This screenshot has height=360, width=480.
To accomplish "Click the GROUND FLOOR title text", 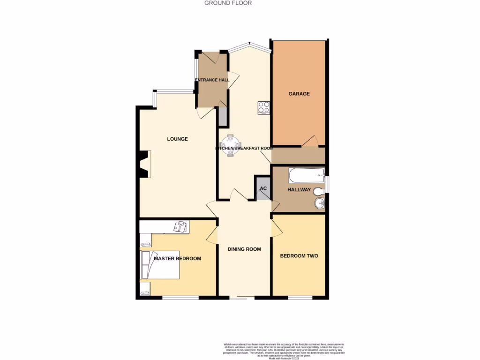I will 228,3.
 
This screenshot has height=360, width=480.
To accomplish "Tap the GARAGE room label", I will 299,94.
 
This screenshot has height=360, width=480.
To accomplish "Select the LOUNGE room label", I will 178,139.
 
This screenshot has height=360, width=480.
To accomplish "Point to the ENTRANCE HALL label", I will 212,80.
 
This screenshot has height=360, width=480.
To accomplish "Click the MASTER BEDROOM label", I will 178,259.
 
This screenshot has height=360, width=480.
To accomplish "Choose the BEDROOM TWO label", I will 299,256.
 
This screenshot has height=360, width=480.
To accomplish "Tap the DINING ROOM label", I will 244,249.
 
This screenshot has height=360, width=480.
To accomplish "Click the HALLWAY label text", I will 299,190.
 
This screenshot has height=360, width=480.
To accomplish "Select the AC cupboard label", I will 263,188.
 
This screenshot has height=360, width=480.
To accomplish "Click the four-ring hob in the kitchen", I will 263,107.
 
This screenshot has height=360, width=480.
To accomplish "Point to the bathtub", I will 307,176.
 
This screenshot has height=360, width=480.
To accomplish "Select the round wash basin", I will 319,203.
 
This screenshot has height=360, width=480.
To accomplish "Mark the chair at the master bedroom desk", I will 180,227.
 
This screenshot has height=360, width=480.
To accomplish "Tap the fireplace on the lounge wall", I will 143,165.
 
